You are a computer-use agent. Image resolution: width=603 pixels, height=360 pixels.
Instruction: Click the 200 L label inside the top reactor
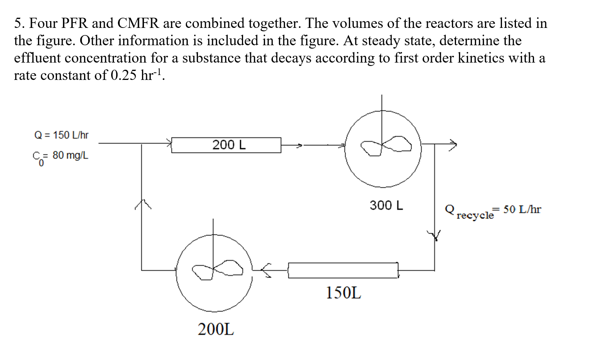click(229, 145)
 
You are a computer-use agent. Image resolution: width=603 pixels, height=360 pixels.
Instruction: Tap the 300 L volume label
click(386, 205)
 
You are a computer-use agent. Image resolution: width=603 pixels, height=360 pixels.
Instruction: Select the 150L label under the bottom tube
click(343, 293)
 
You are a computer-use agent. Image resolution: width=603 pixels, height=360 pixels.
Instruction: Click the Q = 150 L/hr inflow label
click(61, 135)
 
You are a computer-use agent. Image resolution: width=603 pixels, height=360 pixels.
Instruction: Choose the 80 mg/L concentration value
click(70, 155)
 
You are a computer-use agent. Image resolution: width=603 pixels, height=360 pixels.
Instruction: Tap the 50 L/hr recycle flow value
click(522, 209)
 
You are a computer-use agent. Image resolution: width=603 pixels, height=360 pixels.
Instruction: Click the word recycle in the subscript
click(475, 216)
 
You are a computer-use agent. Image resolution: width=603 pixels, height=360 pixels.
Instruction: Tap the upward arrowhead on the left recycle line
click(142, 204)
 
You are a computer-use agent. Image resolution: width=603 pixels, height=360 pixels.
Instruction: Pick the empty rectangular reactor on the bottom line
click(343, 270)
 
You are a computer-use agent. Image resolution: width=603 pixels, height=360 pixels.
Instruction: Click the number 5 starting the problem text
click(18, 23)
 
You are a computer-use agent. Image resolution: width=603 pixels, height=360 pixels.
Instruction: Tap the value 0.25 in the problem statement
click(123, 75)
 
